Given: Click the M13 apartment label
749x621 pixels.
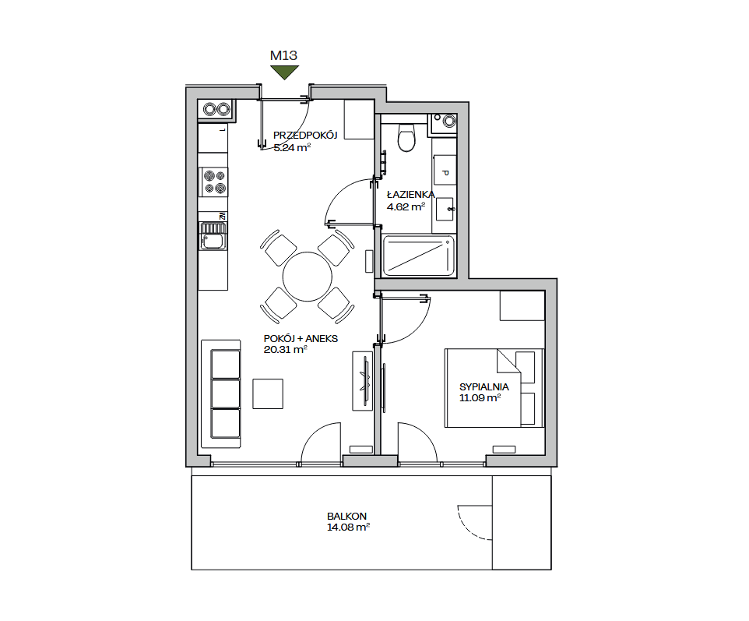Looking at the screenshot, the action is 283,55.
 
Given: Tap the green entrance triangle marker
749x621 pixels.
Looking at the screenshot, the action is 284,72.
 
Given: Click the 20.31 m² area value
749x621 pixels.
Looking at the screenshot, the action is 285,350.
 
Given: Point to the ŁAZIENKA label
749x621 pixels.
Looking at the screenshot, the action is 411,195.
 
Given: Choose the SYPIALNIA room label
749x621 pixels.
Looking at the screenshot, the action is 484,386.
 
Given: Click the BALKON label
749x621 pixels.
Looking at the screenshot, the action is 346,517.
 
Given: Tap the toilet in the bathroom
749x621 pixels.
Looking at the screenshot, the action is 406,136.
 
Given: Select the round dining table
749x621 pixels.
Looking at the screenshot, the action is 307,277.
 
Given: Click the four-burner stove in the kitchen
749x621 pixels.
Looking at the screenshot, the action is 213,182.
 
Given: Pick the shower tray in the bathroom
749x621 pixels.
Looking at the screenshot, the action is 419,256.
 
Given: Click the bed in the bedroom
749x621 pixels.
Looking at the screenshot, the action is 494,388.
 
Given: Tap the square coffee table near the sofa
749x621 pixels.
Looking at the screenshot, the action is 268,394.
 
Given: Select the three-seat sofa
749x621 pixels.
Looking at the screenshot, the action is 220,394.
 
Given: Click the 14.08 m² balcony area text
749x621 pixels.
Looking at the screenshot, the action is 349,527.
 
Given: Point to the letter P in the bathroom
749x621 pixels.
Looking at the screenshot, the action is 445,173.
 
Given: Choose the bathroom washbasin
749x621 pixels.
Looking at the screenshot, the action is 445,209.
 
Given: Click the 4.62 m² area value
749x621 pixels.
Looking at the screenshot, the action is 406,207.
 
